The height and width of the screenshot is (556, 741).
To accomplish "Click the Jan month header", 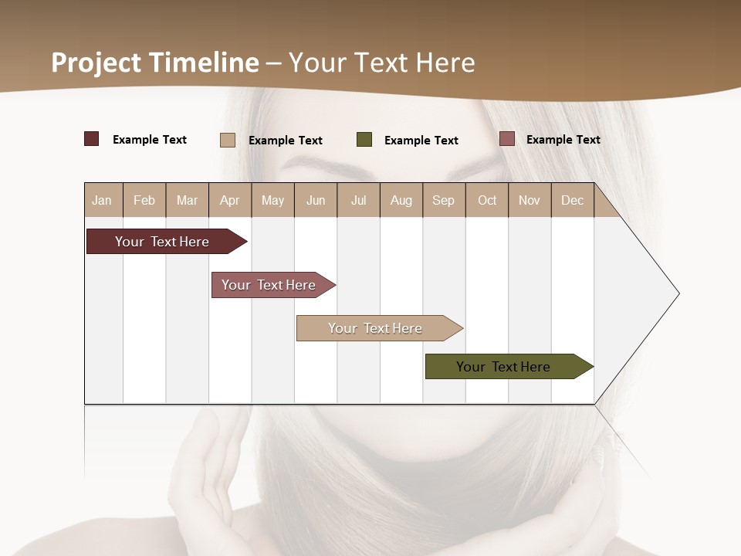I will pyautogui.click(x=102, y=201).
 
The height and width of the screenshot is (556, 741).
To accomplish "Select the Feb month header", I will pyautogui.click(x=144, y=201).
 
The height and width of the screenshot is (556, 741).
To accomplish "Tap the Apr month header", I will pyautogui.click(x=229, y=201).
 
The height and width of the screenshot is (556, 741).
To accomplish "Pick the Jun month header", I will pyautogui.click(x=316, y=201).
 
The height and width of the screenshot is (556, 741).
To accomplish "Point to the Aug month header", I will pyautogui.click(x=401, y=201).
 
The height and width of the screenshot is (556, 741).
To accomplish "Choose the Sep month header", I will pyautogui.click(x=443, y=201).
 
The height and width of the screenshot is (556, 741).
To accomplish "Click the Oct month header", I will pyautogui.click(x=487, y=201).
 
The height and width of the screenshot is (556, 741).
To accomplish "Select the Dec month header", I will pyautogui.click(x=572, y=201).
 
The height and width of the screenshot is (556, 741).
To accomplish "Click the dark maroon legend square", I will pyautogui.click(x=92, y=139).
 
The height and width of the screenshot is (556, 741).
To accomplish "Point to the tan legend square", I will pyautogui.click(x=228, y=140).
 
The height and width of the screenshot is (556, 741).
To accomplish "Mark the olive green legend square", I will pyautogui.click(x=364, y=140).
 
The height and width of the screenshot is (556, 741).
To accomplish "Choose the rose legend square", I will pyautogui.click(x=507, y=139).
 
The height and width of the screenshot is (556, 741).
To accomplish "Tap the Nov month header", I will pyautogui.click(x=530, y=201).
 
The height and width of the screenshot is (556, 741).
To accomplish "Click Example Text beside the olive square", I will pyautogui.click(x=421, y=141).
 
